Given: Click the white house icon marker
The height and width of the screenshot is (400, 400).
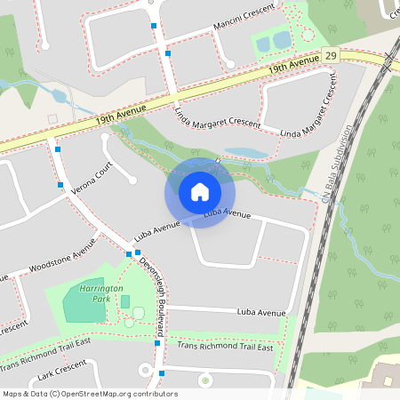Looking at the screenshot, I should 200,192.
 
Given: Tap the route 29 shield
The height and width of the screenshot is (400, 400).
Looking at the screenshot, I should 331,55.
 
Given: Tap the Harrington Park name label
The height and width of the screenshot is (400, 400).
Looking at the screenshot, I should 95,292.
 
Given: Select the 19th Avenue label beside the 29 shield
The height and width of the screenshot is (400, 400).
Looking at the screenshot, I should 293,64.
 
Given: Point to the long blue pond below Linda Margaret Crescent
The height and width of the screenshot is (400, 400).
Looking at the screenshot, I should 245,153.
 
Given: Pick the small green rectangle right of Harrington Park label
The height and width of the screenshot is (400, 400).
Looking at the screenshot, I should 125,301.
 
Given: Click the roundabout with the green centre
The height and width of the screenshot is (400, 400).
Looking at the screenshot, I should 205,380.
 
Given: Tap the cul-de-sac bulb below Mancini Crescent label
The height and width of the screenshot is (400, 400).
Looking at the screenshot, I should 229,62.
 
